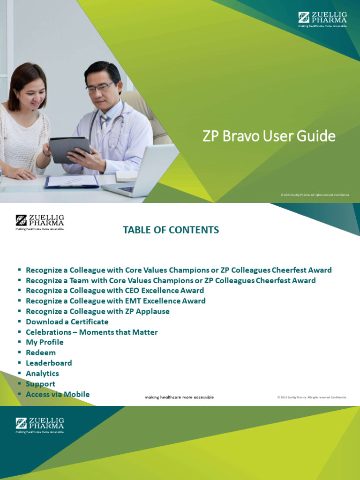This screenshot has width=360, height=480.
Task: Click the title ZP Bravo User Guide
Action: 269,136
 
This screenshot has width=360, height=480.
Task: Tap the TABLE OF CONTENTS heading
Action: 171,230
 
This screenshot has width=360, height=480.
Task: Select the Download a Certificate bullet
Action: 67,322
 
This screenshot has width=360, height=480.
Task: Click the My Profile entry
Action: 45,342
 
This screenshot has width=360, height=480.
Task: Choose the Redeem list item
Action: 41,352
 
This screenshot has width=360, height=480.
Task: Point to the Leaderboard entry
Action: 49,363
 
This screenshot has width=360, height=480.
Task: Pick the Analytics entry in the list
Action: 42,374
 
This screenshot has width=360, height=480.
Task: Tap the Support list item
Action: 40,384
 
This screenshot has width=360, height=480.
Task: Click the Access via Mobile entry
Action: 58,394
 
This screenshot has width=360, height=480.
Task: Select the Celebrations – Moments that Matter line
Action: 91,332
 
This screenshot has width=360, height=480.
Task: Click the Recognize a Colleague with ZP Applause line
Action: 97,312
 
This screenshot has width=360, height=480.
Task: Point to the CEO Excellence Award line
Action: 115,291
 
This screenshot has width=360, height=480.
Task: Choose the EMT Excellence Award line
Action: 115,301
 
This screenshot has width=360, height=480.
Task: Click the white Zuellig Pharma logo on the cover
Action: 322,19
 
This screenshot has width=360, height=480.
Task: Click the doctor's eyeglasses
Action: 100,87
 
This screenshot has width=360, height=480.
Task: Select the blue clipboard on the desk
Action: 72,181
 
